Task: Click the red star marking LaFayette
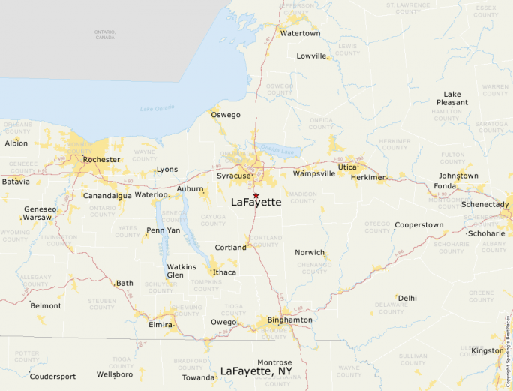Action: coord(256,195)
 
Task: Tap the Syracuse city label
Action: coord(232,176)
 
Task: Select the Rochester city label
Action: coord(101,159)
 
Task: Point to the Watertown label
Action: coord(300,33)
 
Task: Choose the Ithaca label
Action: coord(224,272)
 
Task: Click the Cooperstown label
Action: coord(419,224)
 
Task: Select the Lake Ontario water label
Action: coord(157,108)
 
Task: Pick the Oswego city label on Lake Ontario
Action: coord(226,115)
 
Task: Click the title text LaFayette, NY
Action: coord(256,371)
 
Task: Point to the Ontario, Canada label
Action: coord(105,35)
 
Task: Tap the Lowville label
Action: coord(312,56)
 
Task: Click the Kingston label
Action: coord(487,350)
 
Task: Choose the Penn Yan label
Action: coord(163,230)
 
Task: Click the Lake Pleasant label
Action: coord(452,98)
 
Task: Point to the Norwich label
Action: coord(310,252)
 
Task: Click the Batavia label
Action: coord(16,182)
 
